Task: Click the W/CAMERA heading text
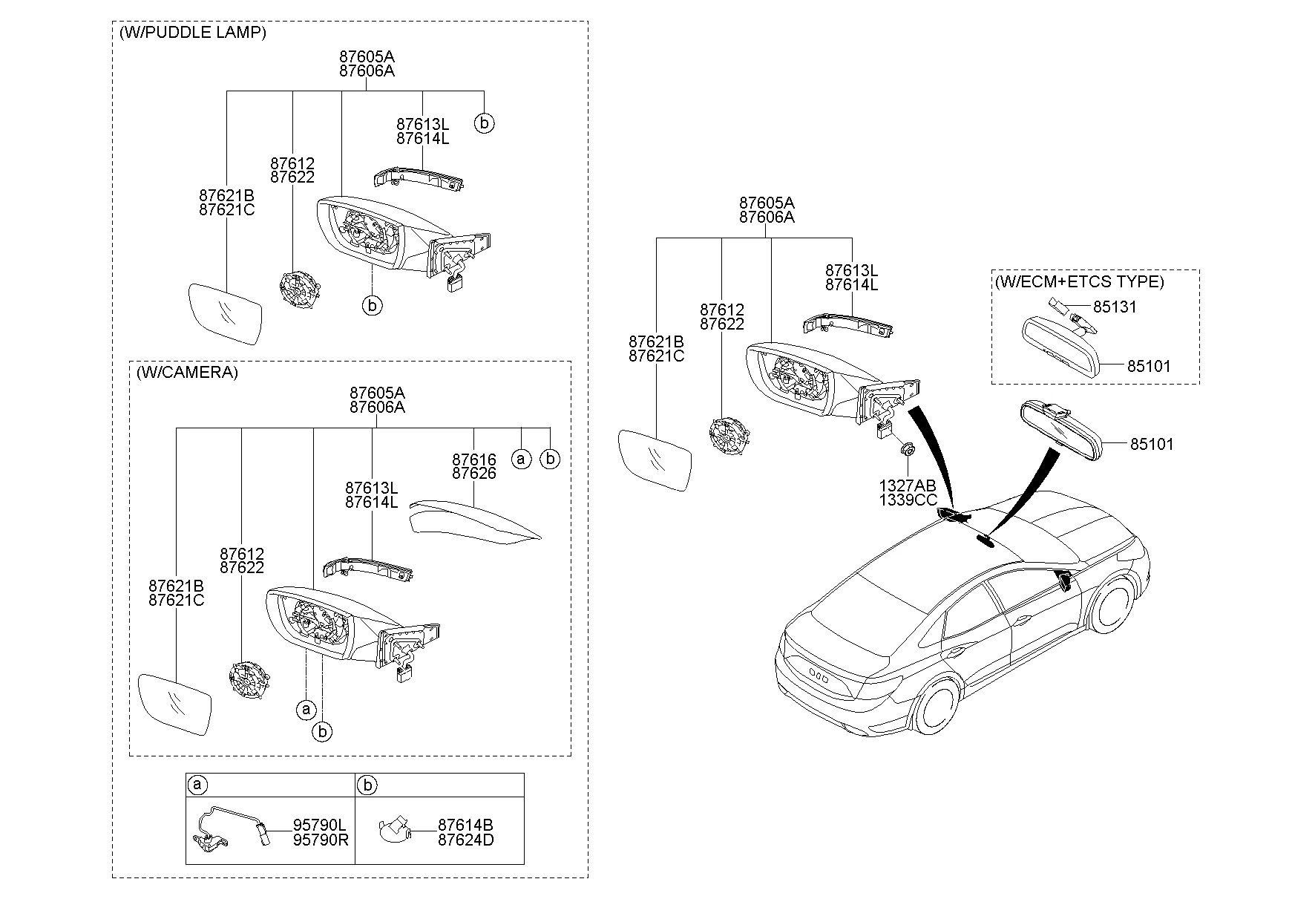coord(187,373)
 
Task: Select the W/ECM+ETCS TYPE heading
coord(1080,281)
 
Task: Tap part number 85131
coord(1115,307)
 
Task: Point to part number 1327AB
coord(907,486)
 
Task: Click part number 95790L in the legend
coord(320,825)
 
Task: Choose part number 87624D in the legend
coord(465,840)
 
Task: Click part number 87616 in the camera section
coord(473,460)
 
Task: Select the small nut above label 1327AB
coord(907,450)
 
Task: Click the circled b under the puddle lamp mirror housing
coord(372,304)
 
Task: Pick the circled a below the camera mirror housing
coord(306,710)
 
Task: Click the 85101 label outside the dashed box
coord(1152,444)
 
